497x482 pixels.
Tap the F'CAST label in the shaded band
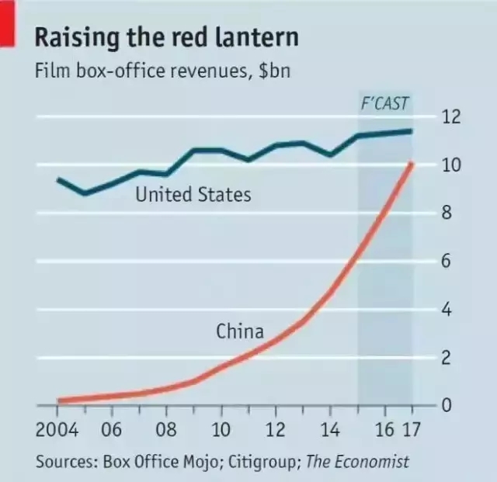point(385,103)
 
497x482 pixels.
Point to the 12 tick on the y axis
point(451,117)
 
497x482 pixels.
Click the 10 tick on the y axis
point(451,165)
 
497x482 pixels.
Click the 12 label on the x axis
point(276,430)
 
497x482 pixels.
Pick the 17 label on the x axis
point(412,430)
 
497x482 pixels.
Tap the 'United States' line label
point(193,194)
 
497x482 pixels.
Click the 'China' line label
point(239,332)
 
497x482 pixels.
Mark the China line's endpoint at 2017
point(412,164)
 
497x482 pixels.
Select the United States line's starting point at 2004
point(59,179)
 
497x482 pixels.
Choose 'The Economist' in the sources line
point(357,462)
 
